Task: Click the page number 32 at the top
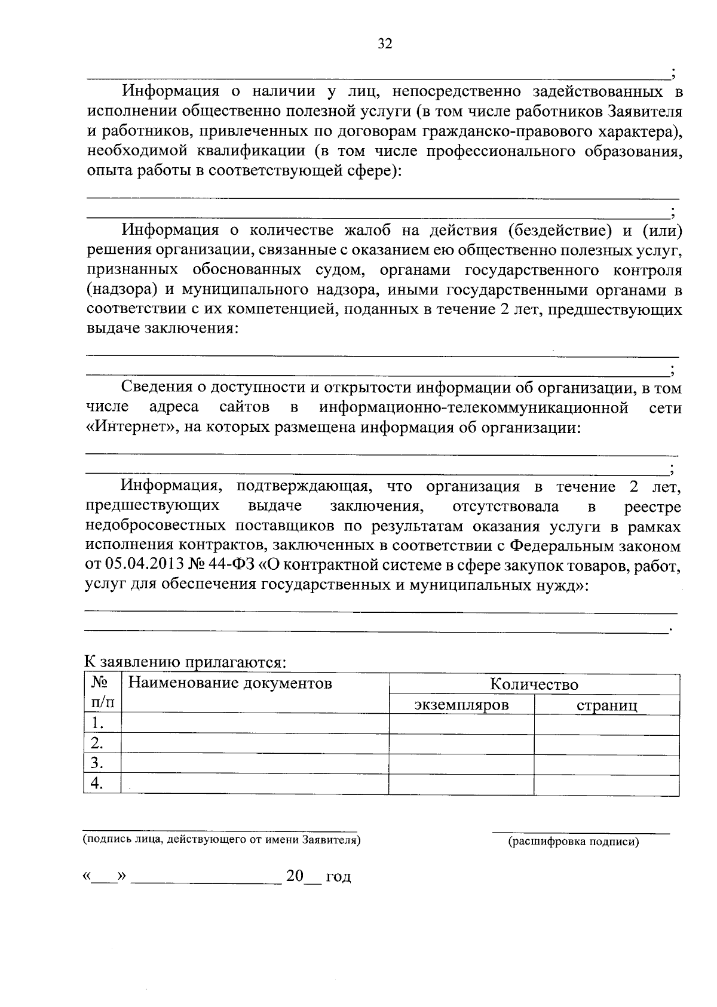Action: click(385, 44)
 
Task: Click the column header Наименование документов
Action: click(230, 683)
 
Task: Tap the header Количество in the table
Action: click(534, 684)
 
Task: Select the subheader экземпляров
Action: click(461, 705)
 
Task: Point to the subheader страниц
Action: click(606, 705)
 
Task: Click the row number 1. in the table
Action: click(97, 724)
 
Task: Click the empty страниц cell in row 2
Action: click(606, 744)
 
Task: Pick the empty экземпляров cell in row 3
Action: click(461, 763)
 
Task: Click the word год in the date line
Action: click(338, 877)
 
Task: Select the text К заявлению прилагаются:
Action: click(185, 662)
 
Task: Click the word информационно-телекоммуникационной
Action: click(473, 408)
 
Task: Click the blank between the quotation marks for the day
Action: click(105, 877)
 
